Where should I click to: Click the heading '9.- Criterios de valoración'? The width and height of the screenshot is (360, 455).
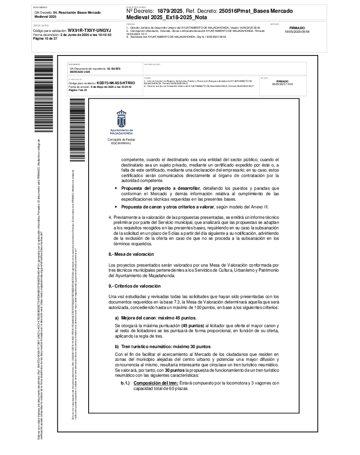pyautogui.click(x=135, y=286)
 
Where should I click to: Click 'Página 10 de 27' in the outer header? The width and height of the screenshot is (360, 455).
pyautogui.click(x=45, y=39)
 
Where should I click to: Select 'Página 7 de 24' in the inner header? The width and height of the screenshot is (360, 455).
pyautogui.click(x=77, y=90)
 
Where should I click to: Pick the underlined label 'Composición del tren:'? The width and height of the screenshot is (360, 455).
pyautogui.click(x=153, y=383)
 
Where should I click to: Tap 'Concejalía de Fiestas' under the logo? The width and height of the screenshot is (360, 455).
pyautogui.click(x=121, y=139)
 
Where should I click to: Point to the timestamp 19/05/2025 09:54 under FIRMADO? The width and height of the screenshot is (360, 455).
pyautogui.click(x=297, y=32)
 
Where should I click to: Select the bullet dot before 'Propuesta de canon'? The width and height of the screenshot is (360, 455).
pyautogui.click(x=117, y=207)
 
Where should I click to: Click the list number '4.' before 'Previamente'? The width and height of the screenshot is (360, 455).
pyautogui.click(x=110, y=217)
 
